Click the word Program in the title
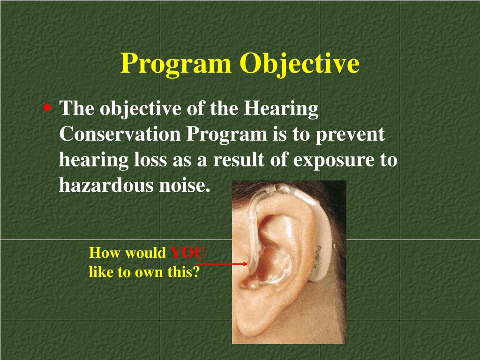pyautogui.click(x=176, y=64)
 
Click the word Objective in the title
pyautogui.click(x=300, y=64)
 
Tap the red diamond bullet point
pyautogui.click(x=47, y=108)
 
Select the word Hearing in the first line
pyautogui.click(x=281, y=109)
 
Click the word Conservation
pyautogui.click(x=120, y=135)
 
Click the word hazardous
pyautogui.click(x=107, y=186)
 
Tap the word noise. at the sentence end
pyautogui.click(x=185, y=186)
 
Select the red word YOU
pyautogui.click(x=187, y=253)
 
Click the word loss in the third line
pyautogui.click(x=150, y=160)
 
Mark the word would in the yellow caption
pyautogui.click(x=143, y=253)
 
